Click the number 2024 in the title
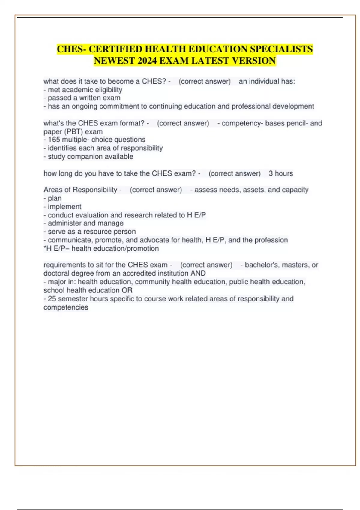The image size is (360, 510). tap(147, 61)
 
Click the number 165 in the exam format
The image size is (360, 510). tap(54, 140)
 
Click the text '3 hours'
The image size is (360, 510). tap(281, 173)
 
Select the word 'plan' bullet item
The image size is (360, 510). tap(55, 198)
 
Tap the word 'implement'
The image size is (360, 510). tap(64, 207)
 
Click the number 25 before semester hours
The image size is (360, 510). tap(52, 299)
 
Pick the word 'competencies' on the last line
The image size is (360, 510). tap(66, 307)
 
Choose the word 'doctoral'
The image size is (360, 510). tap(55, 273)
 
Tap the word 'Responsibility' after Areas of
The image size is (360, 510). tap(95, 190)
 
